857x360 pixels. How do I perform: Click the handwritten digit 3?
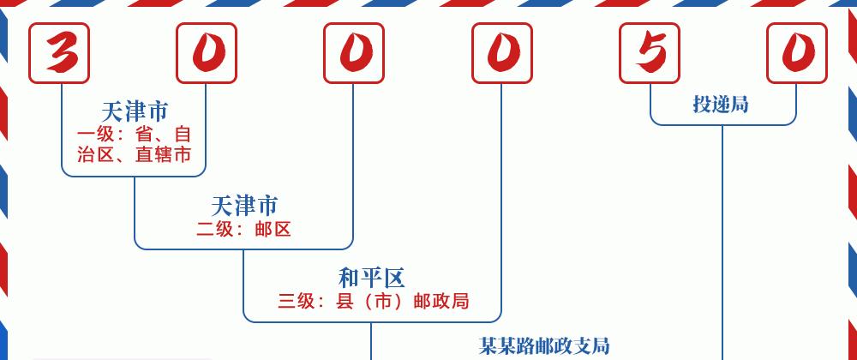click(x=60, y=53)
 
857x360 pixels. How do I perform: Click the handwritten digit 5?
click(x=650, y=53)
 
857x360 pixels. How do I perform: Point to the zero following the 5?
click(x=798, y=53)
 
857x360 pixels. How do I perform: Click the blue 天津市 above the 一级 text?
click(x=135, y=112)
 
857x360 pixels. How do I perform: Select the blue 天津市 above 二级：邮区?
click(x=243, y=206)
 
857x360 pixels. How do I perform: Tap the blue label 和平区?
click(x=372, y=279)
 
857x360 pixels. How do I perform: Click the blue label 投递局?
click(x=721, y=103)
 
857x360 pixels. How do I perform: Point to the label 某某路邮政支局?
click(x=544, y=345)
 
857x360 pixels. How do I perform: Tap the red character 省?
click(x=144, y=134)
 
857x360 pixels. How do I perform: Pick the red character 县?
click(x=345, y=301)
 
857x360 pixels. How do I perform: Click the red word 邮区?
click(x=273, y=229)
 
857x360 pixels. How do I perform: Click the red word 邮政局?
click(x=441, y=301)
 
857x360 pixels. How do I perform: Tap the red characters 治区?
click(x=96, y=154)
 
